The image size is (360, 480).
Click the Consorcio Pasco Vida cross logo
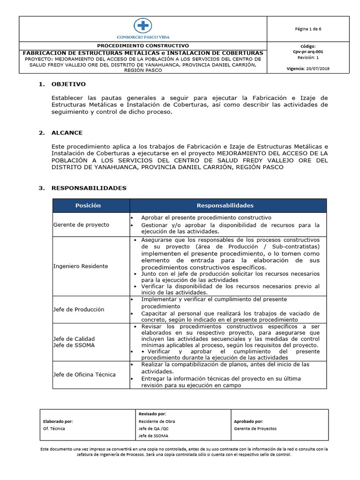142,25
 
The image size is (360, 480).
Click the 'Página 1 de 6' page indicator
308,29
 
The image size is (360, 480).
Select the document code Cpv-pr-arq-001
308,52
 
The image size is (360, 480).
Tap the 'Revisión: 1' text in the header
308,58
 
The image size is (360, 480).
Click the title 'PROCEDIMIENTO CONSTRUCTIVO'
142,46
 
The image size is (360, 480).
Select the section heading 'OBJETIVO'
68,84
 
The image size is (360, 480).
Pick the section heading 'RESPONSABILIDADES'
89,188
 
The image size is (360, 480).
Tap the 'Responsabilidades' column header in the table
225,205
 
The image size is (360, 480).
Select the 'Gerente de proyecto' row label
81,225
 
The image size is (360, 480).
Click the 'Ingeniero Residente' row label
81,266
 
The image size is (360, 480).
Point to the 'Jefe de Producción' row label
79,309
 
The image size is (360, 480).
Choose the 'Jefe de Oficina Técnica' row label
84,374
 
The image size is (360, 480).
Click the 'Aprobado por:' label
248,421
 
